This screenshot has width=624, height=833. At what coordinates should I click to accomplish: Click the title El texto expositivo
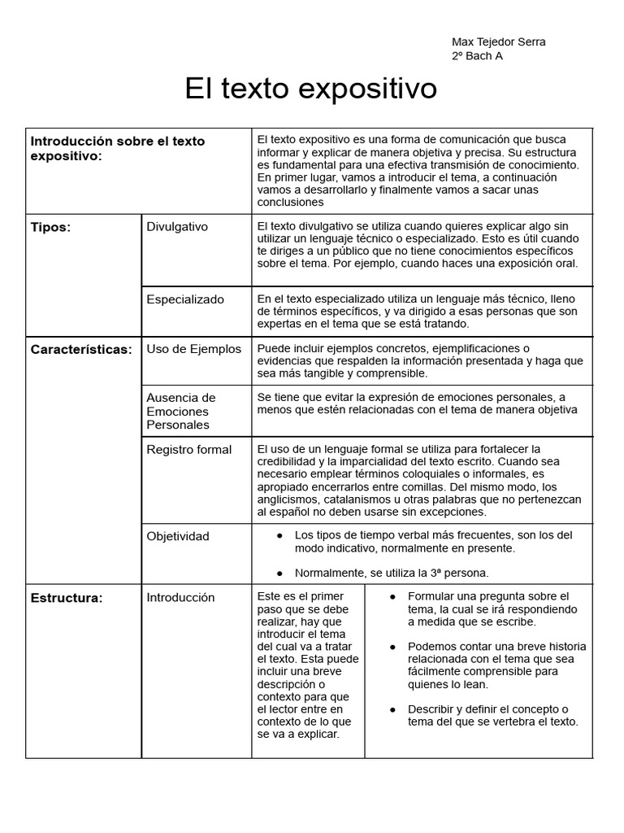pyautogui.click(x=310, y=89)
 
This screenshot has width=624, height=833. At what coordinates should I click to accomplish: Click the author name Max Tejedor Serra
pyautogui.click(x=498, y=42)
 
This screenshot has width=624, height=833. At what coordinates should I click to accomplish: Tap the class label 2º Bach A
pyautogui.click(x=477, y=56)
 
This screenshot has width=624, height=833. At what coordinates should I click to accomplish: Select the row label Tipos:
pyautogui.click(x=50, y=228)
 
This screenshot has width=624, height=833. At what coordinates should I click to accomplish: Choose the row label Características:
pyautogui.click(x=81, y=350)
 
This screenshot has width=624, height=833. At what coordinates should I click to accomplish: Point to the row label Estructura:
pyautogui.click(x=67, y=599)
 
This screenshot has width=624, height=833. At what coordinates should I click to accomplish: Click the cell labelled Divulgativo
pyautogui.click(x=177, y=227)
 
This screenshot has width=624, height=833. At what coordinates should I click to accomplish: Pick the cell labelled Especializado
pyautogui.click(x=185, y=299)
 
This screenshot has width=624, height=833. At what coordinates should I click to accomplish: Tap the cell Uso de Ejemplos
pyautogui.click(x=193, y=349)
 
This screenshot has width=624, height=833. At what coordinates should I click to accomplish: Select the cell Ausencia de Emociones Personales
pyautogui.click(x=181, y=411)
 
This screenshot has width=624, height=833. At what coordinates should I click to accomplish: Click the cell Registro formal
pyautogui.click(x=188, y=450)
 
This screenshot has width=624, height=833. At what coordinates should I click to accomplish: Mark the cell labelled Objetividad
pyautogui.click(x=178, y=536)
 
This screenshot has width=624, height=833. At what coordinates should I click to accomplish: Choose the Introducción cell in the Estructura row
pyautogui.click(x=180, y=598)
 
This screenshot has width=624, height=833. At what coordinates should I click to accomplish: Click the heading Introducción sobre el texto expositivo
pyautogui.click(x=118, y=148)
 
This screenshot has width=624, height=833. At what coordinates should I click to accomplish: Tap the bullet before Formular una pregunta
pyautogui.click(x=392, y=597)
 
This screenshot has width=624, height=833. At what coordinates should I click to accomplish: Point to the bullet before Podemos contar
pyautogui.click(x=392, y=647)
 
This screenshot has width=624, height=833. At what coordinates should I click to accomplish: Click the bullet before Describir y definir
pyautogui.click(x=392, y=709)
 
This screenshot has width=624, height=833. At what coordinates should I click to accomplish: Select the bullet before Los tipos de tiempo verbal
pyautogui.click(x=279, y=535)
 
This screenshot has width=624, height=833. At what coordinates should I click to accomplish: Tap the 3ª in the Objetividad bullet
pyautogui.click(x=422, y=573)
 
